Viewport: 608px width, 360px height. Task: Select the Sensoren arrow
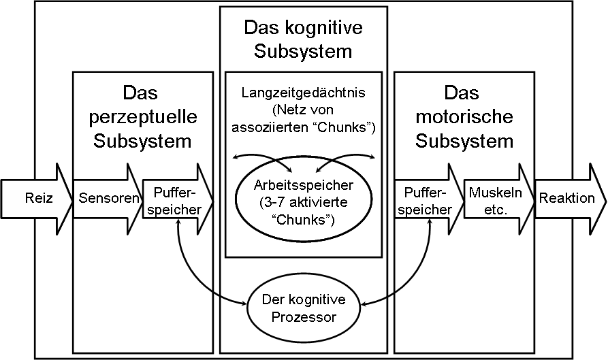point(102,199)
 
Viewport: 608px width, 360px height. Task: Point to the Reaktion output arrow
point(566,199)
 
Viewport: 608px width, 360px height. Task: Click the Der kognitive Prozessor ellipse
point(304,308)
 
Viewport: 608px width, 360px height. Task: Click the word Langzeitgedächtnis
point(304,92)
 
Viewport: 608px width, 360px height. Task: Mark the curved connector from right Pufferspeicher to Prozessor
point(409,279)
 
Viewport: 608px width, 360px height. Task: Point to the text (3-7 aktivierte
point(304,202)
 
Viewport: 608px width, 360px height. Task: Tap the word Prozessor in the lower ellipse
point(304,316)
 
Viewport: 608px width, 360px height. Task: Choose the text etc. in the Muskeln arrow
point(496,210)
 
